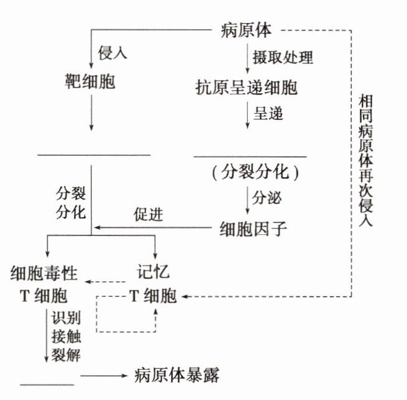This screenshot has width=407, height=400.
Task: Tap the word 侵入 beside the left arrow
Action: [112, 53]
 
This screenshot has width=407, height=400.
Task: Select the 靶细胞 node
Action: [91, 83]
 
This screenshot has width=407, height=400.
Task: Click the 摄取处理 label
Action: [283, 58]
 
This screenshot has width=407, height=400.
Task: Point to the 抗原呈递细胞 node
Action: [245, 88]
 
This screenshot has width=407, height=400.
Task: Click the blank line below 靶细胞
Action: [93, 153]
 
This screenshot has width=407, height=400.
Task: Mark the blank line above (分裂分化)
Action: [250, 155]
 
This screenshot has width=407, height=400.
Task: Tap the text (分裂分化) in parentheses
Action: [252, 173]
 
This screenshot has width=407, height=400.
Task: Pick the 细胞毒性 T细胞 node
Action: [47, 283]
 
